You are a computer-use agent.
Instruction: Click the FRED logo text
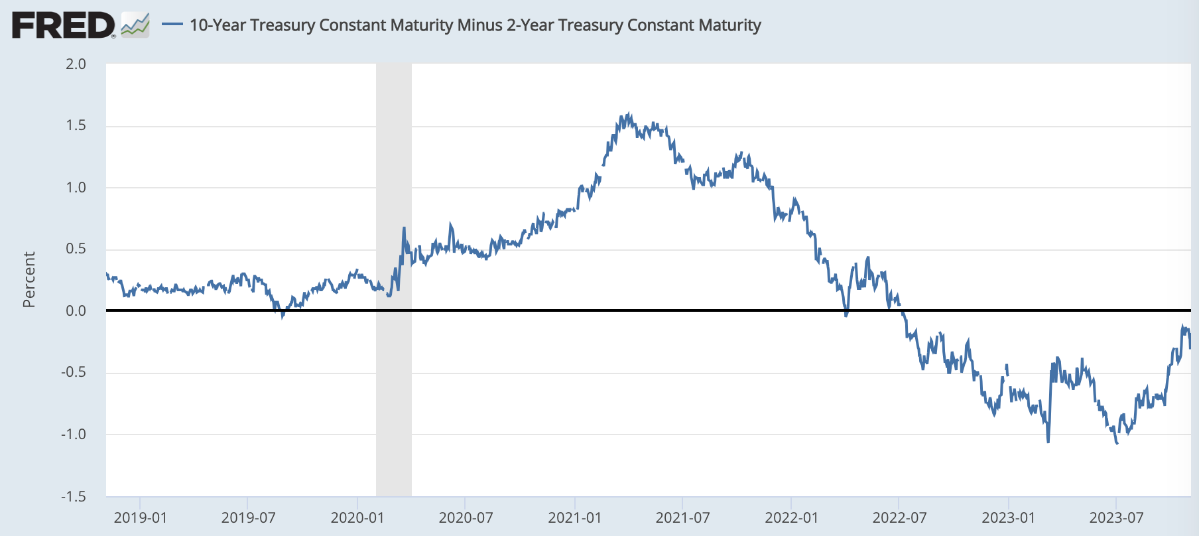tap(63, 25)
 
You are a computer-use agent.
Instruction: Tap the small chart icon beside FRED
tap(135, 25)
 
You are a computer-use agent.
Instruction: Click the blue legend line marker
tap(172, 25)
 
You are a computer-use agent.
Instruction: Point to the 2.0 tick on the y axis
tap(76, 64)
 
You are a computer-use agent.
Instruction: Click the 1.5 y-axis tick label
tap(76, 125)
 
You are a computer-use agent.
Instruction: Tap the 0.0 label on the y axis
tap(76, 310)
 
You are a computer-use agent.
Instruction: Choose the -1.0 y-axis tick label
tap(74, 435)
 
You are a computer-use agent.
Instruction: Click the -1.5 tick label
tap(74, 496)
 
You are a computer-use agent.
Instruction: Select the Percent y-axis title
tap(29, 279)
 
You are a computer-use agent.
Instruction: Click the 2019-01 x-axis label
tap(140, 517)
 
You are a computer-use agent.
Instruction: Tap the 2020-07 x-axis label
tap(466, 517)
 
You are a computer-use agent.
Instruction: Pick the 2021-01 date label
tap(574, 517)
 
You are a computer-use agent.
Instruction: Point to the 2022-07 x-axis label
tap(899, 517)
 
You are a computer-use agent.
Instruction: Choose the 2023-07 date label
tap(1116, 517)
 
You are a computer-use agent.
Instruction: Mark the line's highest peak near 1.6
tap(628, 115)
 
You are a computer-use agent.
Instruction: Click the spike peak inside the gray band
tap(403, 229)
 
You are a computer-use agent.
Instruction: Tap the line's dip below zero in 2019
tap(283, 316)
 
